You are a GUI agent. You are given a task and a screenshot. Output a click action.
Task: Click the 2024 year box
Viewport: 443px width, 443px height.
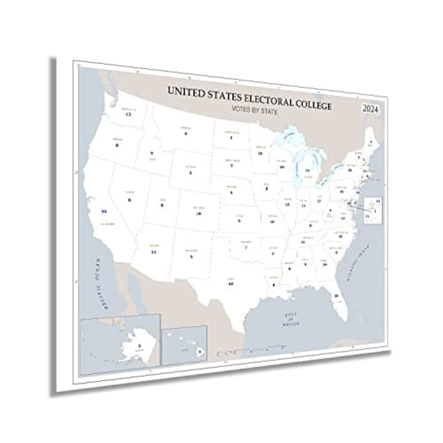click(x=370, y=110)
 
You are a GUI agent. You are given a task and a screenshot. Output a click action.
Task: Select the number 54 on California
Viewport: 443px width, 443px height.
click(x=104, y=211)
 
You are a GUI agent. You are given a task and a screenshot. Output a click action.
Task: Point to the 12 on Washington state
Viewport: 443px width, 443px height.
click(x=128, y=114)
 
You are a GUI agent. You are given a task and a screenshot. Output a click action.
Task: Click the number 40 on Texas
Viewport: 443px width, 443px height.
click(x=231, y=283)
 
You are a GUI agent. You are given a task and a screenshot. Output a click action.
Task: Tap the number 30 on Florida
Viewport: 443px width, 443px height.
click(x=336, y=296)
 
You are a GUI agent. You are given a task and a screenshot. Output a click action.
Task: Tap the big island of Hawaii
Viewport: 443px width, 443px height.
click(x=200, y=352)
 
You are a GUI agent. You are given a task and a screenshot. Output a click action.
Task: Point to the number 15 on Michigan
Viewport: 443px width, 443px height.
click(x=307, y=170)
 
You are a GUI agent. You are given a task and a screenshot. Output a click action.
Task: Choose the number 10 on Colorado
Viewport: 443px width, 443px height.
click(x=199, y=213)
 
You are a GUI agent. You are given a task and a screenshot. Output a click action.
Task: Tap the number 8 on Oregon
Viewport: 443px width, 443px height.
click(x=117, y=145)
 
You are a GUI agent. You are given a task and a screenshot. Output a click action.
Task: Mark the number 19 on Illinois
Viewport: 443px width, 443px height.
click(x=287, y=204)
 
